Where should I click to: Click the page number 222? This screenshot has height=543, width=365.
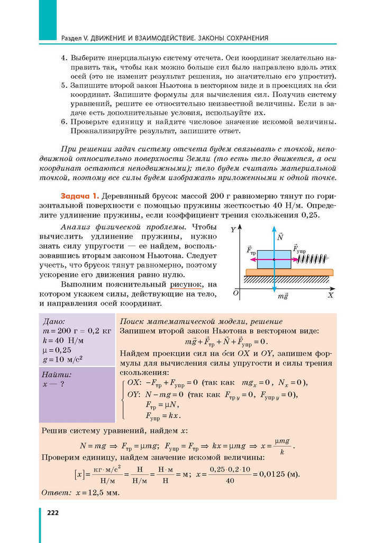coord(53,512)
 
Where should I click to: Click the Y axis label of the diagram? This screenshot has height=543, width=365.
coord(233,229)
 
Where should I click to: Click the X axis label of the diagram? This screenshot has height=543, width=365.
coord(330,296)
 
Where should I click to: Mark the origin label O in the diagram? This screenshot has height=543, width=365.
coord(236,293)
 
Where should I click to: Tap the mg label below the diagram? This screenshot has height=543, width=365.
coord(282,297)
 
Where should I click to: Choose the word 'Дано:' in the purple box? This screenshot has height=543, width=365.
coord(54,321)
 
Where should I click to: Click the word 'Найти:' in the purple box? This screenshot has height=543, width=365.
coord(57,374)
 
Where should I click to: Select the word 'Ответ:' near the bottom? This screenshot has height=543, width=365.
coord(54,492)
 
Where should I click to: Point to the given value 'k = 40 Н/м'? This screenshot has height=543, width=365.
coord(63,340)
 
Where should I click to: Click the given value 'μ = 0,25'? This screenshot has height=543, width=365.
coord(57,349)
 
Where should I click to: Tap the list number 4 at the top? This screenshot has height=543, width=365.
coord(64,57)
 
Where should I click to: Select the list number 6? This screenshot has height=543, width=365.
coord(64,122)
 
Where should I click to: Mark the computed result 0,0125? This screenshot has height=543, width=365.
coord(270,474)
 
